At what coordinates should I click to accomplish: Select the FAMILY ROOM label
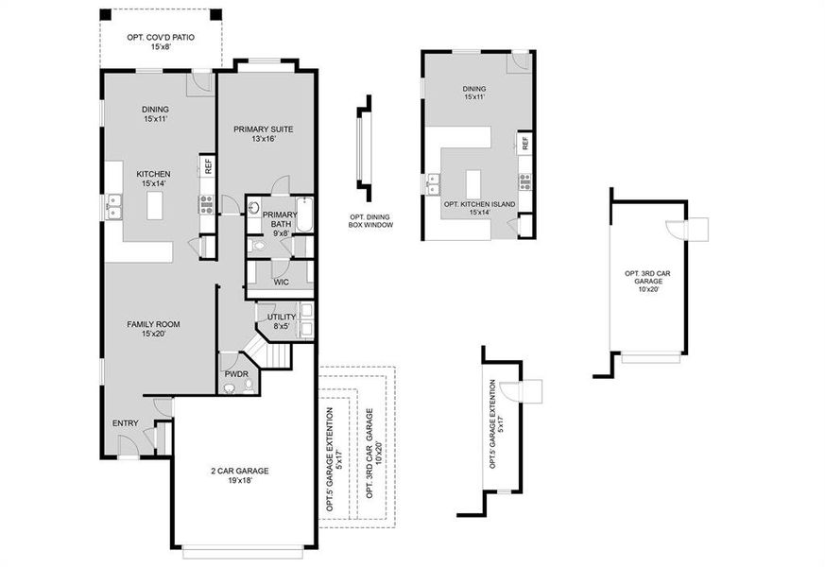[x=153, y=324]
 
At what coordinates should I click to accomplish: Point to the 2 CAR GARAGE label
[x=239, y=471]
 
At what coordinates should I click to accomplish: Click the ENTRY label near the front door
[x=125, y=422]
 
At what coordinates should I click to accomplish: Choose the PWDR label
[x=235, y=374]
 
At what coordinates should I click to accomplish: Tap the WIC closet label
[x=281, y=282]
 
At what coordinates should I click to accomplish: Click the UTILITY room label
[x=282, y=317]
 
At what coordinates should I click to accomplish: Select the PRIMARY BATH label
[x=280, y=215]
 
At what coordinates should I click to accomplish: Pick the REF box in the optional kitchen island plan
[x=524, y=145]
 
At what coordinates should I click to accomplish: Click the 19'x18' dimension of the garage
[x=239, y=481]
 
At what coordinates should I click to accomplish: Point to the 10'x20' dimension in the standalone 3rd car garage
[x=647, y=290]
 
